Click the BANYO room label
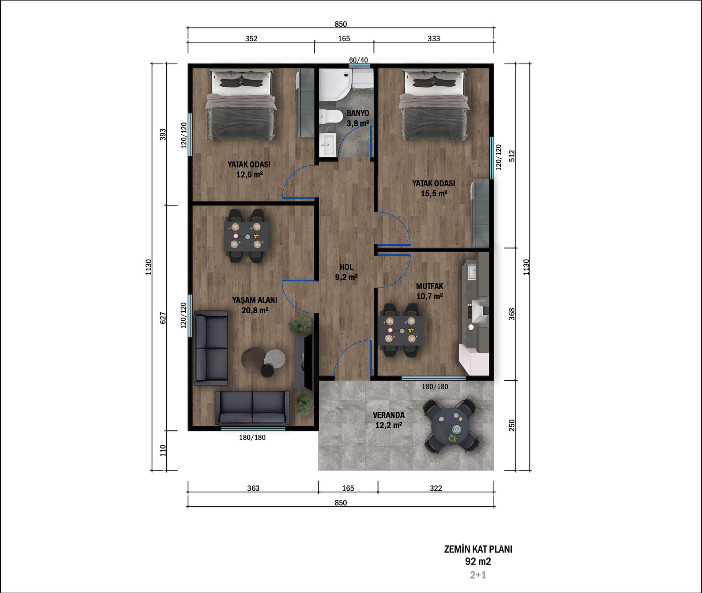pyautogui.click(x=358, y=113)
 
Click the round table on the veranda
pyautogui.click(x=451, y=426)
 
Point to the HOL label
pyautogui.click(x=346, y=267)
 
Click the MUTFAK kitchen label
pyautogui.click(x=430, y=286)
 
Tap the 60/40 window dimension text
pyautogui.click(x=358, y=60)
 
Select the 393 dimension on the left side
pyautogui.click(x=163, y=134)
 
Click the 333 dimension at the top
pyautogui.click(x=434, y=39)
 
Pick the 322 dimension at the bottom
pyautogui.click(x=436, y=488)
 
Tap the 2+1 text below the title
pyautogui.click(x=478, y=575)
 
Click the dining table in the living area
pyautogui.click(x=247, y=236)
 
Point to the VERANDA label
pyautogui.click(x=389, y=415)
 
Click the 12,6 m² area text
pyautogui.click(x=249, y=174)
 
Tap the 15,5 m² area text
pyautogui.click(x=434, y=193)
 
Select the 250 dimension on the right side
pyautogui.click(x=512, y=425)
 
